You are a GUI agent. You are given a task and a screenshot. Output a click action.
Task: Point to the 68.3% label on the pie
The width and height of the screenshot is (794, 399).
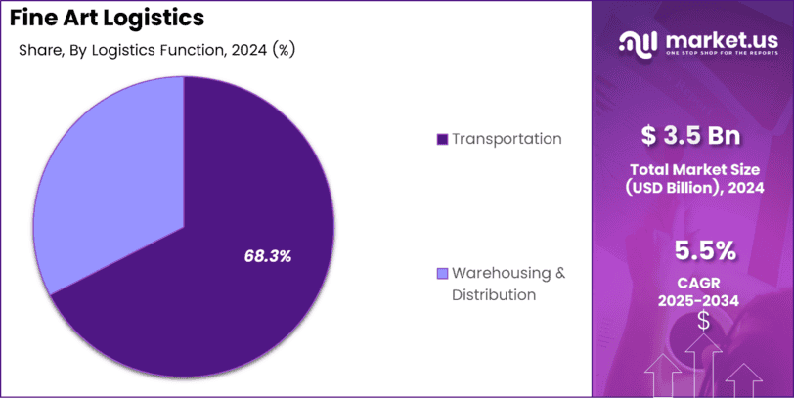coord(268,256)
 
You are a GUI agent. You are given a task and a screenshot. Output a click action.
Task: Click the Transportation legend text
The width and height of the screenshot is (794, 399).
coord(507,139)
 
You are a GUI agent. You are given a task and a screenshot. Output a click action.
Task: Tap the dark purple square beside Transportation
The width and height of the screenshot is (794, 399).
coord(442,140)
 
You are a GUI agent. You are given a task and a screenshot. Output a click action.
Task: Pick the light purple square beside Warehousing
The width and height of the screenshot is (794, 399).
coord(442,273)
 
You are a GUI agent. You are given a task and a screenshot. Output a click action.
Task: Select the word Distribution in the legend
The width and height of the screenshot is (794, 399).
coord(494,294)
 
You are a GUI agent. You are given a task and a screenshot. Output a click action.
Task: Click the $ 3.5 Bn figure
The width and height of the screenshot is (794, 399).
coord(690,134)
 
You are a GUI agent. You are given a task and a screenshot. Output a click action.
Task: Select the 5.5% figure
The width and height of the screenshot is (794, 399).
coord(705,251)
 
